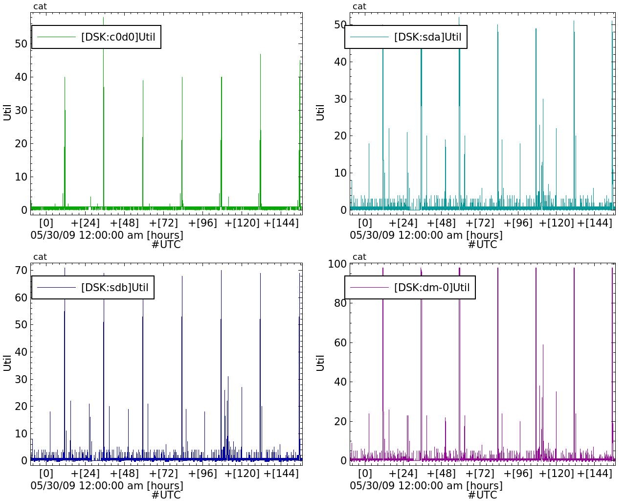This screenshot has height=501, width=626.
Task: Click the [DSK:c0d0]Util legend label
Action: click(x=118, y=37)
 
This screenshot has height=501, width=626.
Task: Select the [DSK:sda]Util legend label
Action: click(x=427, y=37)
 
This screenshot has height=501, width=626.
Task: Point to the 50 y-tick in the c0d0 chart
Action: click(x=21, y=44)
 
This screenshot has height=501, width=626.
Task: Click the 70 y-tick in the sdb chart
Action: click(x=21, y=270)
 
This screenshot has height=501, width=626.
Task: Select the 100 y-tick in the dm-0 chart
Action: click(x=337, y=264)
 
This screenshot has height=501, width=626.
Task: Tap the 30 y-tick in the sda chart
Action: click(x=340, y=99)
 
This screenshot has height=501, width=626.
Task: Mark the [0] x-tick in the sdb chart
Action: click(x=46, y=474)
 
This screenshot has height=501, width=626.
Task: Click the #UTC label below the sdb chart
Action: click(x=166, y=495)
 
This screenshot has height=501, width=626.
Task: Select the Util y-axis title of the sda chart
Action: click(x=321, y=112)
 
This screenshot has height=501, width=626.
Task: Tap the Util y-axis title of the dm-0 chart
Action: click(x=321, y=363)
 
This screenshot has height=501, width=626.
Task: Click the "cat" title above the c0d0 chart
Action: click(x=40, y=6)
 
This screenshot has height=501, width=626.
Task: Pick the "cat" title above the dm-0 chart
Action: click(x=359, y=257)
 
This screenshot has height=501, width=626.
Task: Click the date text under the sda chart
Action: click(x=426, y=235)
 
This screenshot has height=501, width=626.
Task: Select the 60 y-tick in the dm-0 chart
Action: click(x=340, y=342)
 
